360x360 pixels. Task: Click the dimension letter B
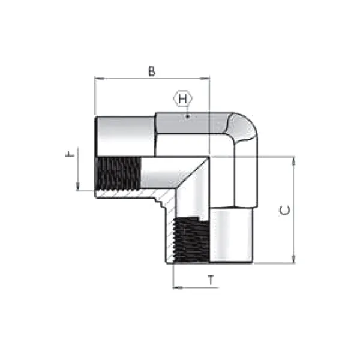152,71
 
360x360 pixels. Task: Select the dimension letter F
71,154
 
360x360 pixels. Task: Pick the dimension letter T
210,280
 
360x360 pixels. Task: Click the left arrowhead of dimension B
98,78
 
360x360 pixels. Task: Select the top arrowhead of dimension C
293,160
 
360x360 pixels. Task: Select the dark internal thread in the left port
118,173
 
